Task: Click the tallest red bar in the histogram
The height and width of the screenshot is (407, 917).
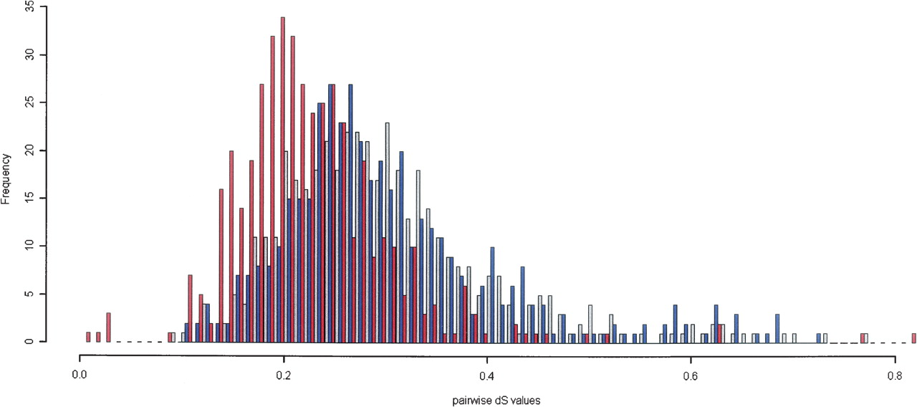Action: point(283,179)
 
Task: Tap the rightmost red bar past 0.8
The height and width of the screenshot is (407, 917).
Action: point(914,337)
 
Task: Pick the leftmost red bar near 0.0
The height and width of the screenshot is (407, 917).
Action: point(88,337)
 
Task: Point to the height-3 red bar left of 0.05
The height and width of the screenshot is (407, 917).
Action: point(108,327)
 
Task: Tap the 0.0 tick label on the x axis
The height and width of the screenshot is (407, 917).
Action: point(80,374)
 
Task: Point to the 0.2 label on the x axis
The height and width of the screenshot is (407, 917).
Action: point(284,374)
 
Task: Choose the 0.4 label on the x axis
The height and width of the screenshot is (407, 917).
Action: point(487,374)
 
